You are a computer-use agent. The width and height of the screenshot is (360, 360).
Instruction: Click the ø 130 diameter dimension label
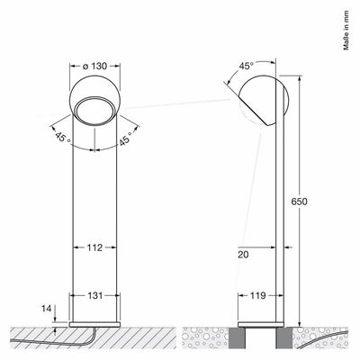point(94,66)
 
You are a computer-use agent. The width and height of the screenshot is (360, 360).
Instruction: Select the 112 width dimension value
point(94,247)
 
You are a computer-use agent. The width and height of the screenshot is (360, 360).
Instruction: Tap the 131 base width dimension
point(94,295)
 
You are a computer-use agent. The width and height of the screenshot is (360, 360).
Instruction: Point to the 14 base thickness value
point(47,309)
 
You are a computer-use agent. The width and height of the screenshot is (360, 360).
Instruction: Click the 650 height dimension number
point(299,202)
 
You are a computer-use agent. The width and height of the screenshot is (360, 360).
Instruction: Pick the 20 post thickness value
point(243,255)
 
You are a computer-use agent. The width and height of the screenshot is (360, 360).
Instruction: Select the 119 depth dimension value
point(258,296)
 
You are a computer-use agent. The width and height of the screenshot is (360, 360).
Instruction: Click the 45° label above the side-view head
point(247,66)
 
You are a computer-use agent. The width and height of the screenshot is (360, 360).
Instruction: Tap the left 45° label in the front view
point(63,138)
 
